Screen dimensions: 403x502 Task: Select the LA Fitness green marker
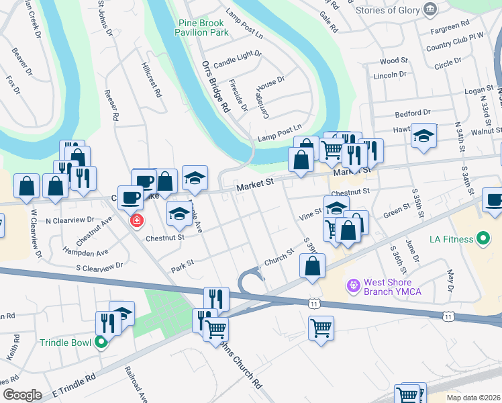click(x=482, y=238)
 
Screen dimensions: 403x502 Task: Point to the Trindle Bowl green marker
click(x=101, y=343)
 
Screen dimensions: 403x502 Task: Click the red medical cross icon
click(x=136, y=220)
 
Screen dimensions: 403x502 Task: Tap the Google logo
click(x=21, y=394)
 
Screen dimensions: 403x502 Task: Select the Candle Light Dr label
click(x=238, y=58)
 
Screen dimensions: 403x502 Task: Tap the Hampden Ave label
click(x=83, y=253)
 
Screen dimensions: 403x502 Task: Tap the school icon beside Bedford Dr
click(x=423, y=136)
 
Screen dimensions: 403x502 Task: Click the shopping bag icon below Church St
click(x=313, y=265)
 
